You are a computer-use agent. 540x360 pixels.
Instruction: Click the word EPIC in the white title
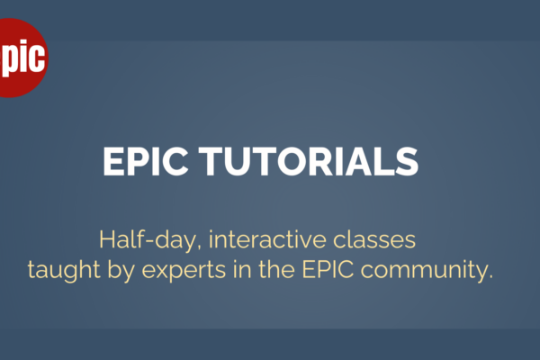(x=145, y=161)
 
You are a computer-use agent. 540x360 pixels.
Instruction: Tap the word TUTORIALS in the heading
(x=309, y=161)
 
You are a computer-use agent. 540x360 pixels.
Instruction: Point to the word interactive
(x=267, y=239)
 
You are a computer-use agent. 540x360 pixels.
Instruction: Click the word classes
(x=374, y=239)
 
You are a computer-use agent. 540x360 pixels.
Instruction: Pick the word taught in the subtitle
(x=64, y=270)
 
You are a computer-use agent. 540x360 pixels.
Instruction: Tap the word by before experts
(x=121, y=270)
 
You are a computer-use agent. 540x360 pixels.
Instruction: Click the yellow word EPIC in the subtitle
(x=328, y=269)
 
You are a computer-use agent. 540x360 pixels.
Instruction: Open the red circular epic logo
(x=22, y=58)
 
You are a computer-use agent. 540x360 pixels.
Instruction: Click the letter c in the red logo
(x=37, y=57)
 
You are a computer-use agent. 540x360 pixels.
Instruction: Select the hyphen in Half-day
(x=149, y=241)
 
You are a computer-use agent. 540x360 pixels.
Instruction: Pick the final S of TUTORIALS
(x=407, y=161)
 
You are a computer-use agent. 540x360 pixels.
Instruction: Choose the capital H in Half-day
(x=106, y=239)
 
